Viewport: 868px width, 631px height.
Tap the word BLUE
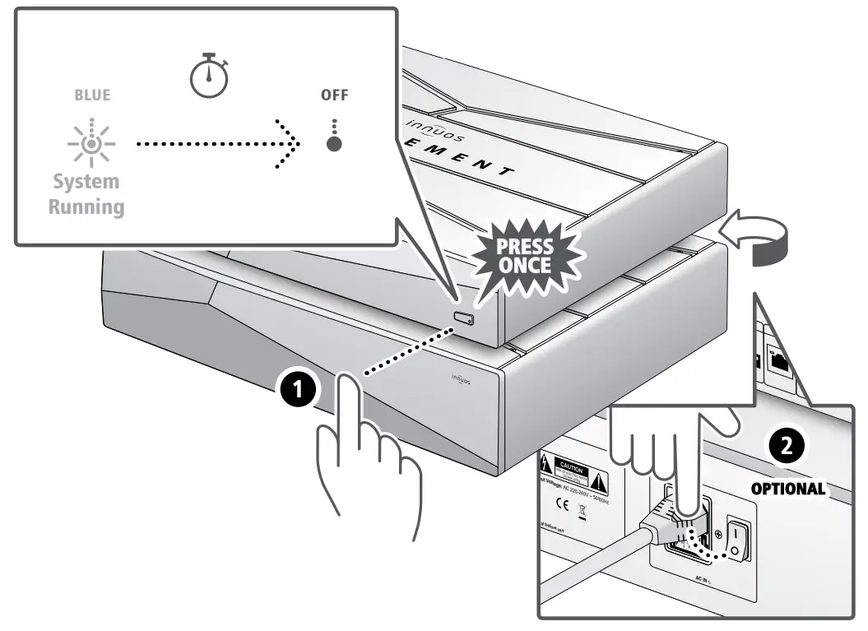(x=91, y=95)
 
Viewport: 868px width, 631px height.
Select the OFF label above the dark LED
(x=334, y=95)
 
